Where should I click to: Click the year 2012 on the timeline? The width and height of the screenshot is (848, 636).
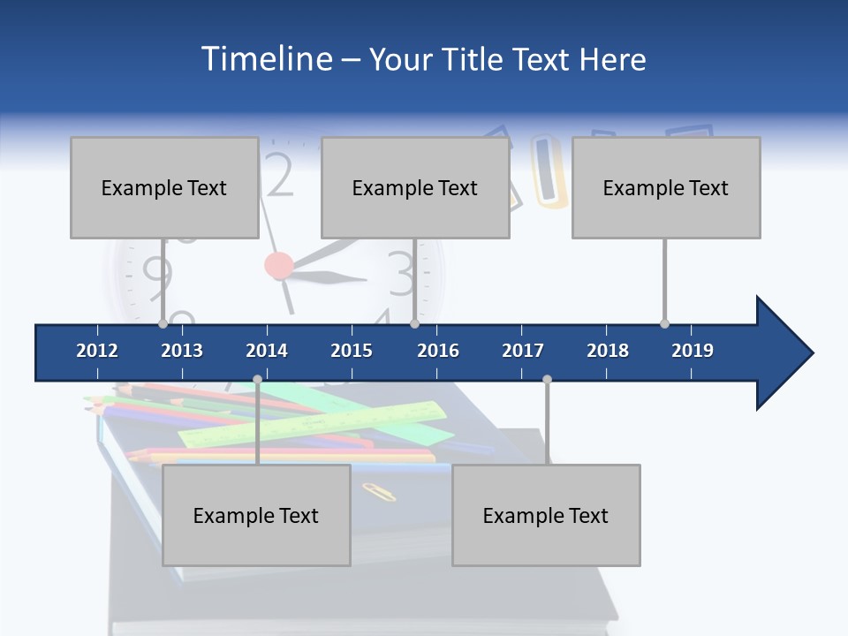click(x=97, y=351)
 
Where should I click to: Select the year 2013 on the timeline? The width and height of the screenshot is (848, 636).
click(x=182, y=351)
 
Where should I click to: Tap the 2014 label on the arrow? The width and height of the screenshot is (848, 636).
click(x=267, y=351)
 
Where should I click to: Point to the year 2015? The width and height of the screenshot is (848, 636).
click(x=352, y=351)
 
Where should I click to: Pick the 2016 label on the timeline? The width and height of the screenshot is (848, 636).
click(x=438, y=351)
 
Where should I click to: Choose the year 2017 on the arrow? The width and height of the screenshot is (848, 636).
click(x=523, y=351)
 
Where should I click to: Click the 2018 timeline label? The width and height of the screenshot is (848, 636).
click(x=608, y=351)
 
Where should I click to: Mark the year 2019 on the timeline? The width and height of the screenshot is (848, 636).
click(x=693, y=351)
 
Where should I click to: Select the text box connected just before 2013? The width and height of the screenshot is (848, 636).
click(x=164, y=187)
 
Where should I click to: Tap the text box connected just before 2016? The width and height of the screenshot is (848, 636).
click(x=415, y=187)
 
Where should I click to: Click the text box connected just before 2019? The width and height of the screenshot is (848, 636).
click(x=666, y=187)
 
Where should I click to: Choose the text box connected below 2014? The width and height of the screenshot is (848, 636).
click(x=256, y=515)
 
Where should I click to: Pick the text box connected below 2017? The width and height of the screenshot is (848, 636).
click(x=546, y=515)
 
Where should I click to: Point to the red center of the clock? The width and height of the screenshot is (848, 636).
click(x=278, y=265)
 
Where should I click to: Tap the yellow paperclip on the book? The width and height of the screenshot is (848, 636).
click(x=379, y=491)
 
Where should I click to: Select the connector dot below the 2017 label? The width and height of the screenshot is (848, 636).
click(x=547, y=379)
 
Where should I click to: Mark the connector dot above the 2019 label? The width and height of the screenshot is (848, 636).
click(x=664, y=323)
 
